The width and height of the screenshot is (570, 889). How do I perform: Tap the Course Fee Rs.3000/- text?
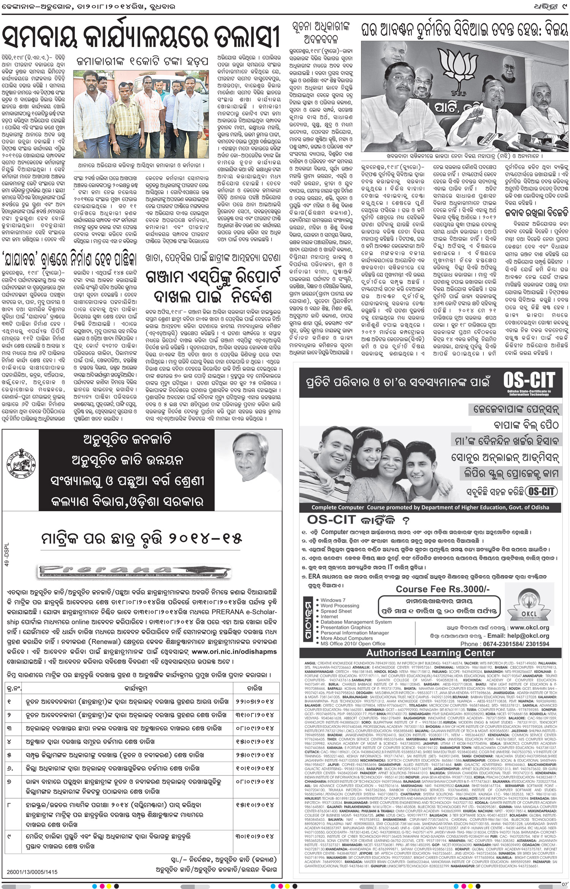pos(443,589)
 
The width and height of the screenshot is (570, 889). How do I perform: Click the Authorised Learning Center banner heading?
pos(430,653)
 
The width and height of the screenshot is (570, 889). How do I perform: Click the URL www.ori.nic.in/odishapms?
pos(234,651)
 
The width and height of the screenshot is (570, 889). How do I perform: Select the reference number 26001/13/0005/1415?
pos(32,861)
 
